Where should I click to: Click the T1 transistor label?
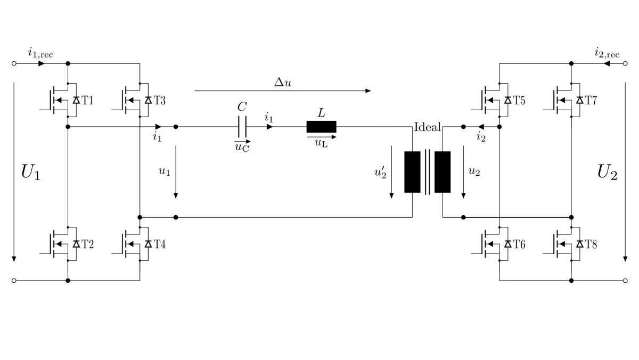point(87,101)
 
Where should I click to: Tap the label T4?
point(159,244)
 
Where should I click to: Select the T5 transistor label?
point(519,101)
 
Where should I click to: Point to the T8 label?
point(591,244)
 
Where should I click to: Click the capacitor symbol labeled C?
point(242,127)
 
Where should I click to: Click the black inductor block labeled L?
point(322,127)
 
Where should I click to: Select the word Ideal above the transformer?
point(427,127)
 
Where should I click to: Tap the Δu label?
point(283,83)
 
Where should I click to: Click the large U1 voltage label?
point(31,172)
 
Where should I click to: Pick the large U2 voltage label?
point(608,172)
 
